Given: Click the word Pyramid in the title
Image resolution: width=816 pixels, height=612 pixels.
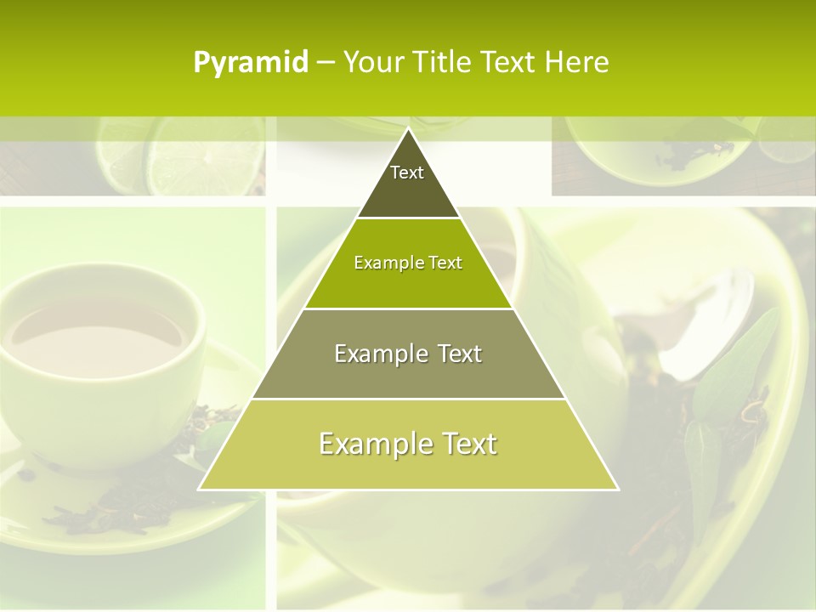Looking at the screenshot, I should pyautogui.click(x=251, y=63).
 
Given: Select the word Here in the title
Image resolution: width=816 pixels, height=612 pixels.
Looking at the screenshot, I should pyautogui.click(x=577, y=63).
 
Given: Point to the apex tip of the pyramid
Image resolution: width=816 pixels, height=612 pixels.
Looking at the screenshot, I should pyautogui.click(x=408, y=129).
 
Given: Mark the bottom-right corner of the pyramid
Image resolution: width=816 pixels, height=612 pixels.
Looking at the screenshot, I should pyautogui.click(x=617, y=489).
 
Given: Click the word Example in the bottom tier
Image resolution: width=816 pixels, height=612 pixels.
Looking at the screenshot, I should pyautogui.click(x=371, y=445).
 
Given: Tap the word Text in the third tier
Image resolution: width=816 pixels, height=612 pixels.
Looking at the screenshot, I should pyautogui.click(x=453, y=354).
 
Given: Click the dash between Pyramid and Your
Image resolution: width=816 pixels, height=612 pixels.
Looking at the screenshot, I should pyautogui.click(x=325, y=63).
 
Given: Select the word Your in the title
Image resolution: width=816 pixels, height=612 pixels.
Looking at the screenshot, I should pyautogui.click(x=371, y=63).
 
